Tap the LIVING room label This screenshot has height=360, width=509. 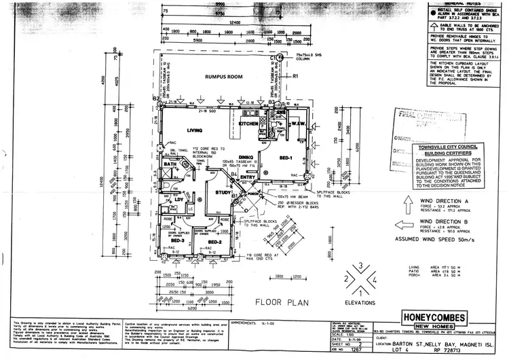[x=195, y=130]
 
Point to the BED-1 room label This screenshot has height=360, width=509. [x=285, y=158]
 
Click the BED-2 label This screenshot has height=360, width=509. [x=215, y=242]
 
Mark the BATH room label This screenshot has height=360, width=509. [x=170, y=164]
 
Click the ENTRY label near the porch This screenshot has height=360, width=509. [x=248, y=178]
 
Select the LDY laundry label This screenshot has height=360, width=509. [x=178, y=199]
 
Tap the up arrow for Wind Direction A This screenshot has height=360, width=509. [x=406, y=204]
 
